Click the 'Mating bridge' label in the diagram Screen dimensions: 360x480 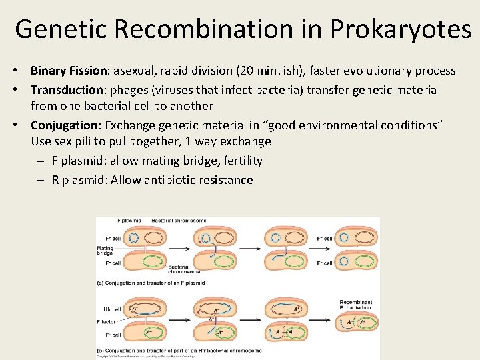[x=105, y=251]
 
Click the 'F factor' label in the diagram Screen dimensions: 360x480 [x=107, y=321]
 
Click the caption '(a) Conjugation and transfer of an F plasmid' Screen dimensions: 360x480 [x=151, y=283]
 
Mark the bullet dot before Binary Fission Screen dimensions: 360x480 [x=22, y=71]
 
